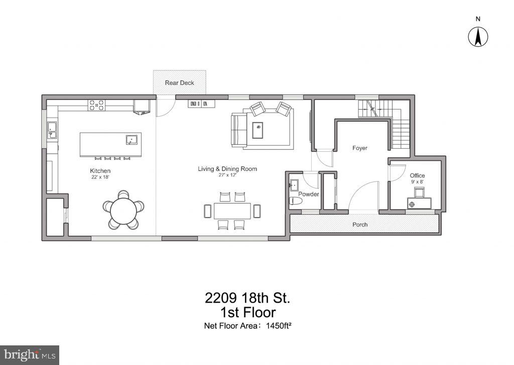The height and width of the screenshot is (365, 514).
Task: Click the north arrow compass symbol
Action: pos(478,37)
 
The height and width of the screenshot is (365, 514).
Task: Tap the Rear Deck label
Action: pos(179,83)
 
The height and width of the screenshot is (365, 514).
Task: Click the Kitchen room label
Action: pos(100,171)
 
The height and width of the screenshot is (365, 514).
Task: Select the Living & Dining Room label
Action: pos(227,169)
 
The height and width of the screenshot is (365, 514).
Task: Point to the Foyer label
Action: pos(359,148)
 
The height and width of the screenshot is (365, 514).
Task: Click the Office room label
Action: pos(417,175)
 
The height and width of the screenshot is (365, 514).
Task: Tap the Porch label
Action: pos(360,224)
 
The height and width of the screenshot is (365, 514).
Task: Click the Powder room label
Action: pos(309,194)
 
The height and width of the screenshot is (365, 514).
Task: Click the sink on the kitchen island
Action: pos(131,140)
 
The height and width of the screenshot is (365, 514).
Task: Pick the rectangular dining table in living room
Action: pos(232,210)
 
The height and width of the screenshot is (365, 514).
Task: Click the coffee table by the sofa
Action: pos(259,129)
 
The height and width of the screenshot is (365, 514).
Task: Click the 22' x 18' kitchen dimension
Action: pos(100,177)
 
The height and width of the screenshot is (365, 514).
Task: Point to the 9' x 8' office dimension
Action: pos(417,181)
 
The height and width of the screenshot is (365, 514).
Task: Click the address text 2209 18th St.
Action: pos(247,298)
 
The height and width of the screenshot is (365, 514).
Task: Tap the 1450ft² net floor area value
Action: pos(275,325)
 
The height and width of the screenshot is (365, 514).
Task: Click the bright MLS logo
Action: pos(29,354)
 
